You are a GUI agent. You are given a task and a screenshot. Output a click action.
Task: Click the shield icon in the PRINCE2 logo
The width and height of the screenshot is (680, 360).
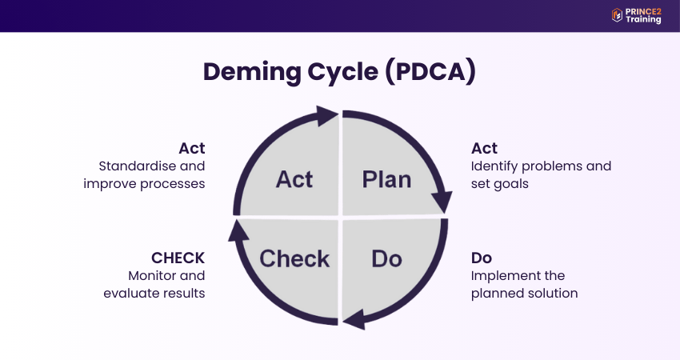pos(617,14)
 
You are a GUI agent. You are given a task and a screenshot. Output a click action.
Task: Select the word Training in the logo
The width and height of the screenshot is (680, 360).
pos(643,20)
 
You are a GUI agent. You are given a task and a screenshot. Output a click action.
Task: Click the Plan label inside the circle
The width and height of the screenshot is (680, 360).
pos(386,179)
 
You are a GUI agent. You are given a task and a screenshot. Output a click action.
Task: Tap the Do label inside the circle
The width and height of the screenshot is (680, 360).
pos(386,258)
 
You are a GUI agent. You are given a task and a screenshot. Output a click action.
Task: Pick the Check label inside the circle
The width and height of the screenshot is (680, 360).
pos(294,258)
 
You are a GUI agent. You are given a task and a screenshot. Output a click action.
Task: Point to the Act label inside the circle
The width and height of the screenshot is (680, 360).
pos(294,179)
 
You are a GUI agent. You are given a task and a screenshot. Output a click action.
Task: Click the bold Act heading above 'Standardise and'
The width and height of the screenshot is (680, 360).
pos(192,148)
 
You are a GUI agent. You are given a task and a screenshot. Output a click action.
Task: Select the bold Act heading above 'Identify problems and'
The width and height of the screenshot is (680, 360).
pos(484,148)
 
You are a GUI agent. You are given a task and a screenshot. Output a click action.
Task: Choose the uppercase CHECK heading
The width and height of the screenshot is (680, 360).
pos(178,258)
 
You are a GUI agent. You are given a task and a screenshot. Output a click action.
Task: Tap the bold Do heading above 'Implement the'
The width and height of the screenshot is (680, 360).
pos(481,258)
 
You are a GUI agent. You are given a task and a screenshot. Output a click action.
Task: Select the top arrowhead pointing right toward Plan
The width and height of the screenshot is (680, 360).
pos(327,116)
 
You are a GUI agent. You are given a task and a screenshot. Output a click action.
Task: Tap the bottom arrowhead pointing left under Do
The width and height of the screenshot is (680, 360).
pos(354,321)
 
